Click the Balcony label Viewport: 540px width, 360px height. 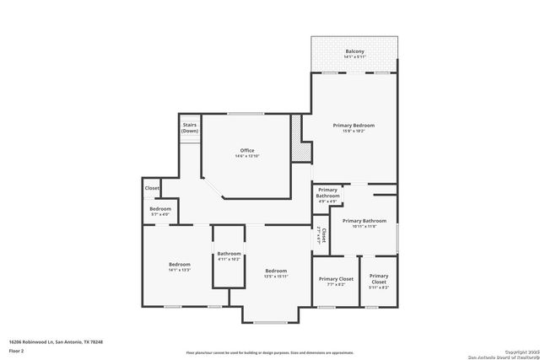click(x=354, y=52)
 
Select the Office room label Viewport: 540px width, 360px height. click(x=247, y=151)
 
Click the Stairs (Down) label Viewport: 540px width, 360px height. click(x=190, y=128)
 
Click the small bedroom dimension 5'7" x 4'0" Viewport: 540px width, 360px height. click(x=160, y=215)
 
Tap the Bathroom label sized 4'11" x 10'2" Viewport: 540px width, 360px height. click(x=229, y=254)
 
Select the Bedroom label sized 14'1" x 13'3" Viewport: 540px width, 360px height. click(x=180, y=264)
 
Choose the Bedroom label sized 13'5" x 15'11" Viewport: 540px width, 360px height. click(x=276, y=271)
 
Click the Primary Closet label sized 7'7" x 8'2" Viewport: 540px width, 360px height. click(x=336, y=278)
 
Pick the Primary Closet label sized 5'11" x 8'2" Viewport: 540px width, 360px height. click(x=379, y=278)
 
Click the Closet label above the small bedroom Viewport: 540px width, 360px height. click(x=152, y=188)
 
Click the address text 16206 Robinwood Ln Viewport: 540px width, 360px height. click(x=56, y=342)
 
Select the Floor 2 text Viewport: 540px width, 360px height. click(x=16, y=351)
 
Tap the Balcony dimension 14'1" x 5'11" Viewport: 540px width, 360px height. click(x=354, y=58)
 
